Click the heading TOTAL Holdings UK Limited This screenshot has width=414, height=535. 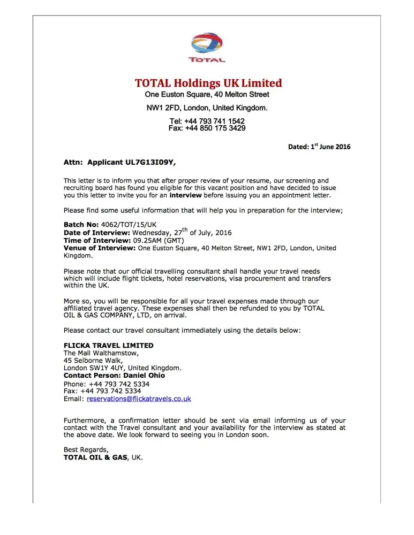tap(208, 83)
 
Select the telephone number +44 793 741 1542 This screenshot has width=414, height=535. tap(214, 121)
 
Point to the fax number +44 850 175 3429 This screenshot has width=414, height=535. tap(215, 128)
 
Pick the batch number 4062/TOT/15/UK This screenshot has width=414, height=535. tap(128, 225)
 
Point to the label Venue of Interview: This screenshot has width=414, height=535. tap(100, 248)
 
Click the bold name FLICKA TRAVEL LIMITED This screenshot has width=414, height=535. tap(108, 346)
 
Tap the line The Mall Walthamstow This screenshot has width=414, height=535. tap(101, 353)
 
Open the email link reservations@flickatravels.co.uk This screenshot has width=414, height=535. tap(139, 399)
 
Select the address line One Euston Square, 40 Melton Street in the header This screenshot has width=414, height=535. tap(207, 95)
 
